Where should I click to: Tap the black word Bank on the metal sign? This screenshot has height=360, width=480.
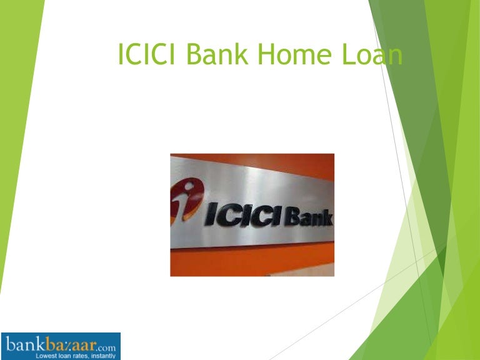click(x=309, y=217)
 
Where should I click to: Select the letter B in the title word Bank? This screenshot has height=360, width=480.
click(x=193, y=56)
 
